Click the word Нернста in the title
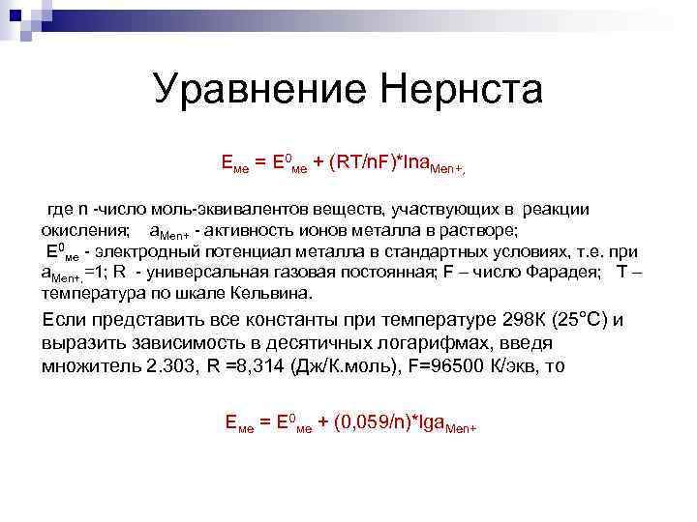[x=462, y=91]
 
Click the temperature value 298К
[x=529, y=320]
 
